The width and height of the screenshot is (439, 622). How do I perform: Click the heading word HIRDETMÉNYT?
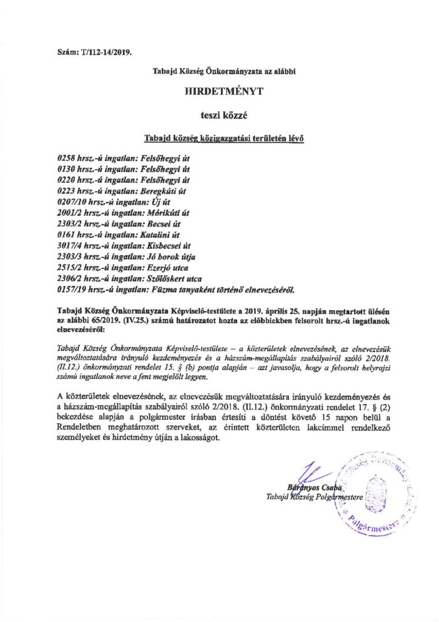pos(219,92)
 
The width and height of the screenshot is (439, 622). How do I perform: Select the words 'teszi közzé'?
pos(219,114)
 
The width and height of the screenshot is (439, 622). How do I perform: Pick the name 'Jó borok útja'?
pos(169,257)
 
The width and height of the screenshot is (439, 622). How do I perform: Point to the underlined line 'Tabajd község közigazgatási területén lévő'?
pos(219,137)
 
